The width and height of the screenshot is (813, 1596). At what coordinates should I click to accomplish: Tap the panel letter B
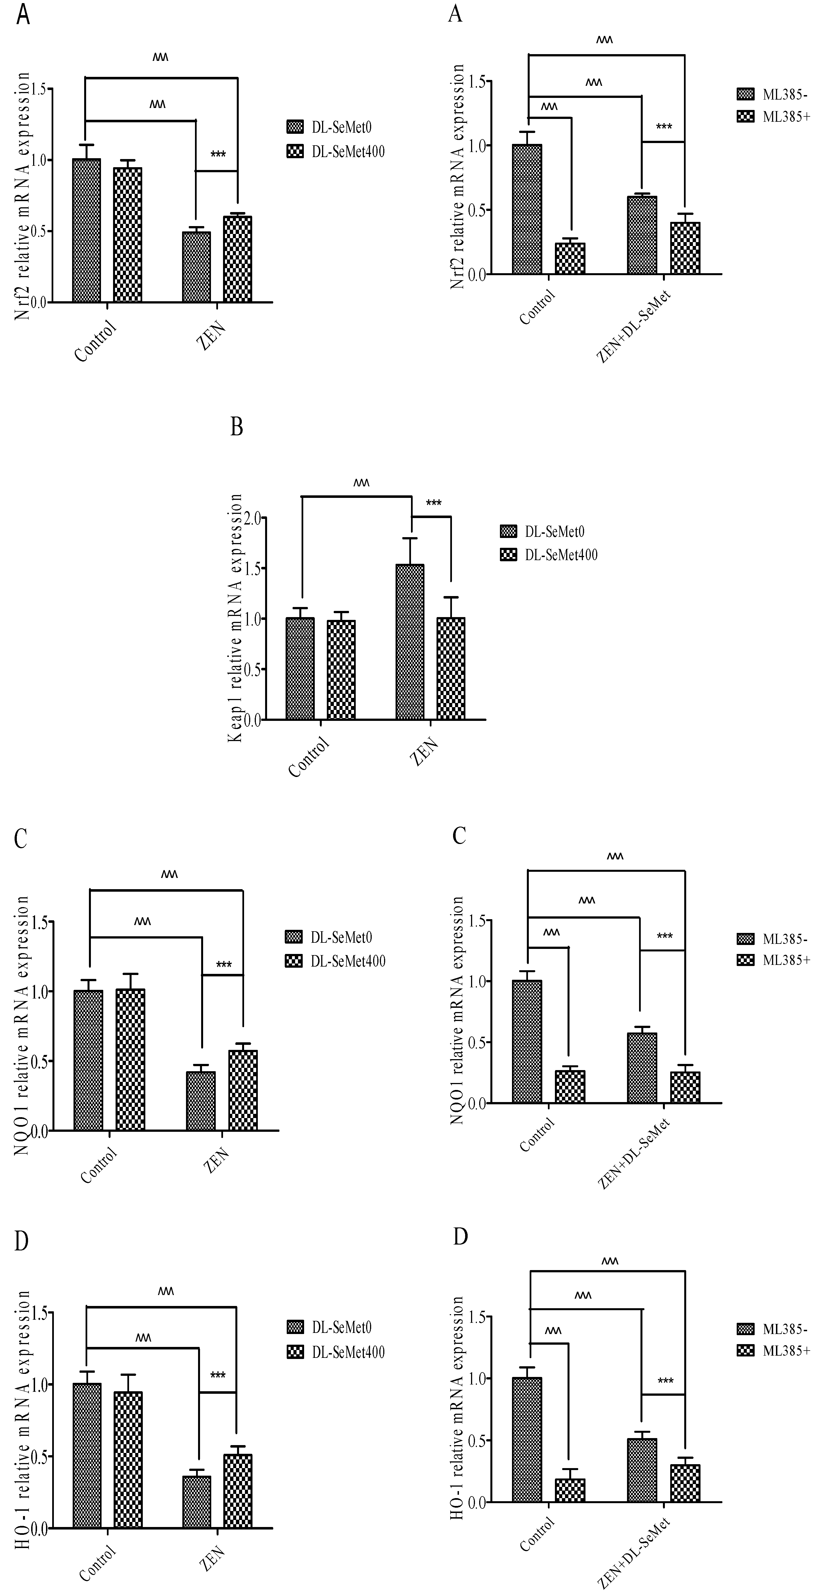[x=236, y=427]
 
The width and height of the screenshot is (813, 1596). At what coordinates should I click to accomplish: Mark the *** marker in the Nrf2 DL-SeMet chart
[x=218, y=154]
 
